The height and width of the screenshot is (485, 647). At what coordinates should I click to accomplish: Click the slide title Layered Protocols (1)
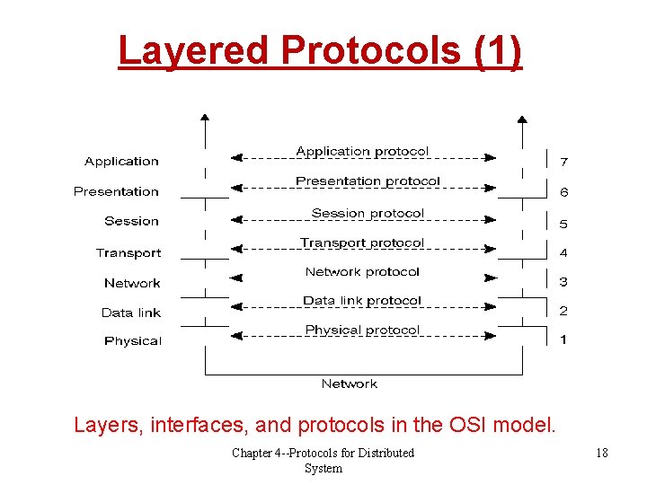(x=319, y=50)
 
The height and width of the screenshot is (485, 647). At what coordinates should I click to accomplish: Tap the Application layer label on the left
(x=121, y=162)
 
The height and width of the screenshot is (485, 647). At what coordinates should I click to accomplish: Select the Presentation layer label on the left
(x=116, y=191)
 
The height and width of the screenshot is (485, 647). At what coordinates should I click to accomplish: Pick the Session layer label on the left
(x=131, y=221)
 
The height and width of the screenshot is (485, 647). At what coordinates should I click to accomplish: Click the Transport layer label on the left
(x=129, y=253)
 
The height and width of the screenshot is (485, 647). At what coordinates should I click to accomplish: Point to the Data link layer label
(x=131, y=313)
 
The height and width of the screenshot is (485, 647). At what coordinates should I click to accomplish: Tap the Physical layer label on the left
(x=133, y=341)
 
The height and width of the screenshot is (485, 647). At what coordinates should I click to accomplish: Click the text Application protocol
(x=362, y=152)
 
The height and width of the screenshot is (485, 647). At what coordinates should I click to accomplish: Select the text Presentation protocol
(x=368, y=181)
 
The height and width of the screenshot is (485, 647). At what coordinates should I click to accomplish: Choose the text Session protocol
(x=368, y=213)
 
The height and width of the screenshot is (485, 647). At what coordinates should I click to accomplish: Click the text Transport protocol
(x=362, y=242)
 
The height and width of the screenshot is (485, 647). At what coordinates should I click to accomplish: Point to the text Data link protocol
(x=362, y=301)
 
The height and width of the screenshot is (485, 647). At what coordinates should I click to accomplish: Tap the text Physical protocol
(x=362, y=331)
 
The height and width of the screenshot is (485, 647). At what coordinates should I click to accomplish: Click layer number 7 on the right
(x=563, y=163)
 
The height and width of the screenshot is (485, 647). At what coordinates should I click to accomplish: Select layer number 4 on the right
(x=563, y=253)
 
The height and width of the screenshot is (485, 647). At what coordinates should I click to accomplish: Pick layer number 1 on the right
(x=563, y=339)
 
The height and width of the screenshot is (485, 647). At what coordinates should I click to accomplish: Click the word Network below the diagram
(x=350, y=384)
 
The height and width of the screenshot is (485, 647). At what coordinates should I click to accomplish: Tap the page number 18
(x=601, y=453)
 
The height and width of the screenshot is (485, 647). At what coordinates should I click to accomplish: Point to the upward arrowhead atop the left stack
(x=206, y=118)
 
